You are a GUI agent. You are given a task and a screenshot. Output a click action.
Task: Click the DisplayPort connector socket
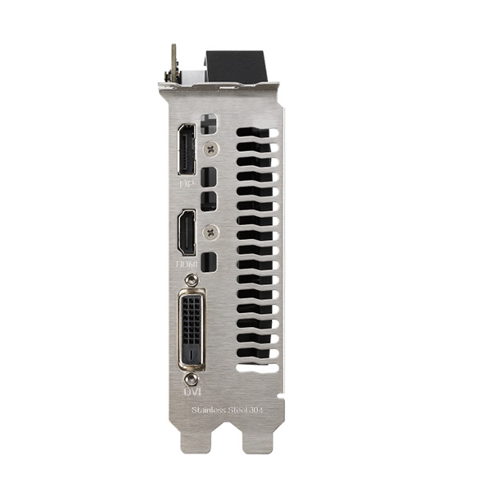pyautogui.click(x=187, y=150)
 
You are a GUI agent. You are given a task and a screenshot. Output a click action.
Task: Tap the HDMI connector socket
pyautogui.click(x=187, y=233)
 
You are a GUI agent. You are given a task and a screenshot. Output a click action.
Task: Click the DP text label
pyautogui.click(x=187, y=184)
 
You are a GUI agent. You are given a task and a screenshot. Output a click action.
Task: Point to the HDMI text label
pyautogui.click(x=187, y=265)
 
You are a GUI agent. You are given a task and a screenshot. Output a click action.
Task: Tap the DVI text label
pyautogui.click(x=191, y=392)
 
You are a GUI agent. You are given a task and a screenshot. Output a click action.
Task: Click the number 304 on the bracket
pyautogui.click(x=259, y=409)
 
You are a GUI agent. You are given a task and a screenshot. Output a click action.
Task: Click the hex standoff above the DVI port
pyautogui.click(x=191, y=281)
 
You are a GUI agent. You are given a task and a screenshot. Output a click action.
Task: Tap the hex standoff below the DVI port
pyautogui.click(x=191, y=379)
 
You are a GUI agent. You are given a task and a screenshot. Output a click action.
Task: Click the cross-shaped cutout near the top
pyautogui.click(x=208, y=124)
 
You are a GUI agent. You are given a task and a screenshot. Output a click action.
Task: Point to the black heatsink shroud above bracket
pyautogui.click(x=236, y=66)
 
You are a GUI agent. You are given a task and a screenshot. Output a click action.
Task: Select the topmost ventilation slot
pyautogui.click(x=257, y=131)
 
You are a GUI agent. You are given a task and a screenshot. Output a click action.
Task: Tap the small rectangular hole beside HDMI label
pyautogui.click(x=209, y=262)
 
